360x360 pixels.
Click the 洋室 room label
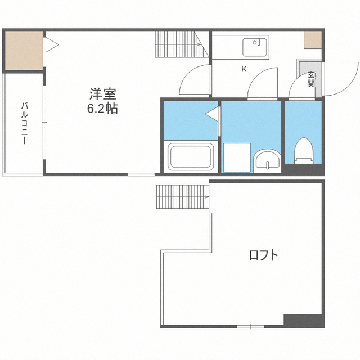(x=102, y=94)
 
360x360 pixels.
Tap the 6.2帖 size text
(x=102, y=108)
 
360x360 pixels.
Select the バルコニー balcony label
(x=24, y=123)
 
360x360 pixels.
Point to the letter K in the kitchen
(x=244, y=69)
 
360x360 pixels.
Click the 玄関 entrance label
(x=311, y=79)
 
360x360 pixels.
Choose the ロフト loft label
(x=264, y=255)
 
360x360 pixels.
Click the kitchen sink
(x=255, y=47)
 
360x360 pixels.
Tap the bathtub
(x=191, y=156)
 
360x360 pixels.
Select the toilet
(x=304, y=151)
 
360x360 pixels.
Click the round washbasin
(x=267, y=161)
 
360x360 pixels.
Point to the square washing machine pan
(x=237, y=157)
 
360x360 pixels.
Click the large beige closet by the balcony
(x=24, y=51)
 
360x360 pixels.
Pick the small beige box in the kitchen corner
(x=313, y=40)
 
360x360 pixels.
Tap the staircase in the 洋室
(x=182, y=44)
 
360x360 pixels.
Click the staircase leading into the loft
(x=183, y=197)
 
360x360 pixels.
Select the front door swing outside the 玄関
(x=340, y=79)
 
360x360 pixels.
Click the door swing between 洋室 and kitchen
(x=195, y=79)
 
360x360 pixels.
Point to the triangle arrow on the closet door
(x=52, y=44)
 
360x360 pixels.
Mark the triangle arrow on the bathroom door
(x=211, y=114)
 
